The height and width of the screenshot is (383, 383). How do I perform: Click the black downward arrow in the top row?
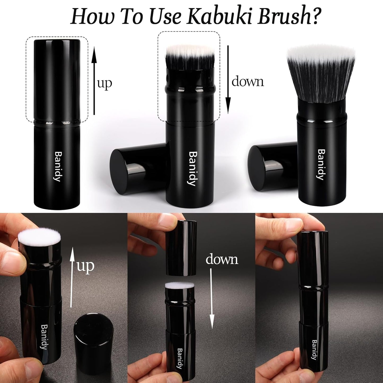(228, 80)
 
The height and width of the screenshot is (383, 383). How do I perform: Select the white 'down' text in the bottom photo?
(222, 259)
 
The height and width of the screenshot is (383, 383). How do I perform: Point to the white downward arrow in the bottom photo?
(212, 298)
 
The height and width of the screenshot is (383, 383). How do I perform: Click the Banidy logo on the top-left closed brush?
(58, 166)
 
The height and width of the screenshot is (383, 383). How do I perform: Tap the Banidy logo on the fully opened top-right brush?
(321, 164)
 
